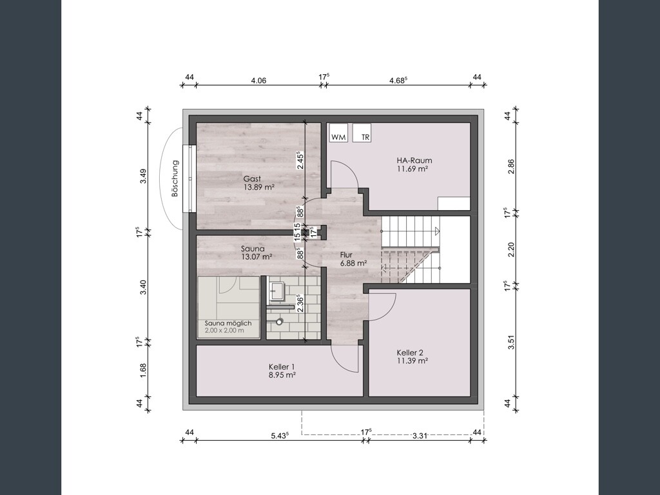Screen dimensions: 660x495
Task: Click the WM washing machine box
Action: click(338, 133)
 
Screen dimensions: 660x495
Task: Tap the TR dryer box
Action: click(362, 133)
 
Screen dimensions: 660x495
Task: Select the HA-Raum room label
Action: click(414, 160)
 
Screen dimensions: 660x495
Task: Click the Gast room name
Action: click(252, 179)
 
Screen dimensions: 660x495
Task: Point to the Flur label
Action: click(346, 255)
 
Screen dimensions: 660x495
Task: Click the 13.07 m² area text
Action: click(257, 257)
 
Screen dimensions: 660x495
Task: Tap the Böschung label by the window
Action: click(175, 179)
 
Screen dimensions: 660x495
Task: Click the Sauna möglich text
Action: click(228, 324)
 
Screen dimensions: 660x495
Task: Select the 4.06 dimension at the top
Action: click(258, 81)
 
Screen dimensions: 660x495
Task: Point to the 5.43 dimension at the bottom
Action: click(280, 435)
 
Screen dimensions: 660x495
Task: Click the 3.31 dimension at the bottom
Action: click(420, 436)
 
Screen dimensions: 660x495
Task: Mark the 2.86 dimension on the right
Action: click(511, 166)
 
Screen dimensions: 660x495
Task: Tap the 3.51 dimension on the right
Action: click(511, 342)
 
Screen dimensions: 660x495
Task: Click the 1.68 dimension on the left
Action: click(143, 371)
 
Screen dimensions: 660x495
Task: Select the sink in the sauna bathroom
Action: click(277, 291)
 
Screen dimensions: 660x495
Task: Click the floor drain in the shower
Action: click(280, 322)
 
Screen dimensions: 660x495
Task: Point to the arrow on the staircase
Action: click(438, 231)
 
